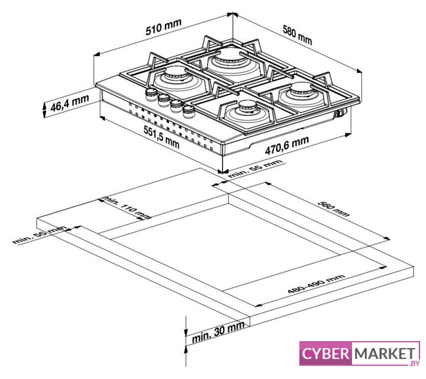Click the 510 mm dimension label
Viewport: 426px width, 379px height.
point(163,27)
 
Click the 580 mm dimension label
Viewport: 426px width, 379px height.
point(298,34)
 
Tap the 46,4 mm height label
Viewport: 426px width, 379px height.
point(70,102)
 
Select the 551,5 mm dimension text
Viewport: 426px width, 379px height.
point(162,137)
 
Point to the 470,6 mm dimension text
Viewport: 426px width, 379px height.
point(287,145)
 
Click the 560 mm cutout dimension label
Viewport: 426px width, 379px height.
point(333,208)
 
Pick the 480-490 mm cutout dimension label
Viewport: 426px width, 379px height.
point(316,284)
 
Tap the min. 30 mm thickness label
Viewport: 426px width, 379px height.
point(218,332)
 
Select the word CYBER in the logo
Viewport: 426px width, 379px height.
point(325,354)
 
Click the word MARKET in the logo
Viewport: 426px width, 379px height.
point(385,354)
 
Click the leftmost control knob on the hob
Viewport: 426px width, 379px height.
point(151,94)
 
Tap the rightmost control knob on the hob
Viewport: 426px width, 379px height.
point(189,112)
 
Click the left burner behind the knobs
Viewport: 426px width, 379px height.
point(176,72)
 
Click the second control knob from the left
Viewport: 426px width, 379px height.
point(164,100)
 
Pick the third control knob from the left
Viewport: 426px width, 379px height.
point(176,106)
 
